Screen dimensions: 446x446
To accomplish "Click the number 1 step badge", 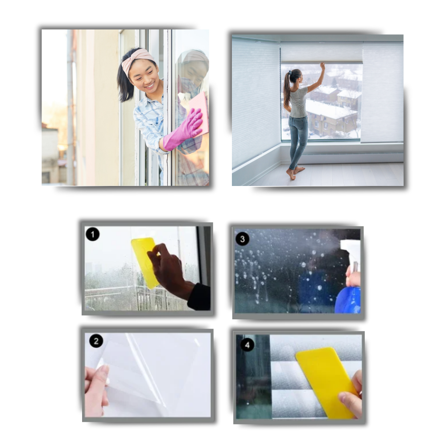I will pos(92,234).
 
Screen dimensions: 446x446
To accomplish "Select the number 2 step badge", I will pos(96,341).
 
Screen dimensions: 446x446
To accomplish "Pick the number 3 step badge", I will pos(242,239).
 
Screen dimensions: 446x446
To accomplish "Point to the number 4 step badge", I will pos(247,344).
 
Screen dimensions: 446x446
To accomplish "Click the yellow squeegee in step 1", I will pos(144,261).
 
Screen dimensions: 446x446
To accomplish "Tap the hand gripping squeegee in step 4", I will pos(351,395).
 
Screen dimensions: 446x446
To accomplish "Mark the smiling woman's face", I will pos(144,75).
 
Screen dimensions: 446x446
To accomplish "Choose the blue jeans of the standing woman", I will pos(298,138).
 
